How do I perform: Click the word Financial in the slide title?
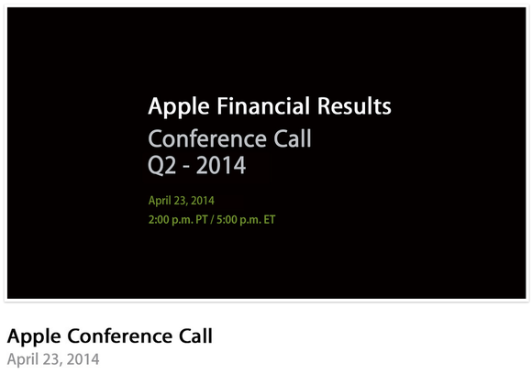pos(263,105)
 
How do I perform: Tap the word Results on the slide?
pos(354,105)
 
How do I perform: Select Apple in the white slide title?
pos(179,107)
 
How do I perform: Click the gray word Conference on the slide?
pos(207,138)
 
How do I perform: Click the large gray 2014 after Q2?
pos(221,165)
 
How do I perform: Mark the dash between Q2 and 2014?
pos(186,167)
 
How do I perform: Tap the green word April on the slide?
pos(160,201)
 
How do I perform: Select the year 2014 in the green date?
pos(203,201)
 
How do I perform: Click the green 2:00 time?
pos(159,220)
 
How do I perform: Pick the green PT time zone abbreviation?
pos(202,220)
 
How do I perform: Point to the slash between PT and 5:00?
pos(212,220)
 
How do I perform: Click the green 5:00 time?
pos(227,220)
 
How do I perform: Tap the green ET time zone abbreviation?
pos(270,220)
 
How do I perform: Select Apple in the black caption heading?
pos(34,337)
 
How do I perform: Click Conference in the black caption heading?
pos(119,336)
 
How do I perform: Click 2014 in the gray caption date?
pos(83,359)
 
